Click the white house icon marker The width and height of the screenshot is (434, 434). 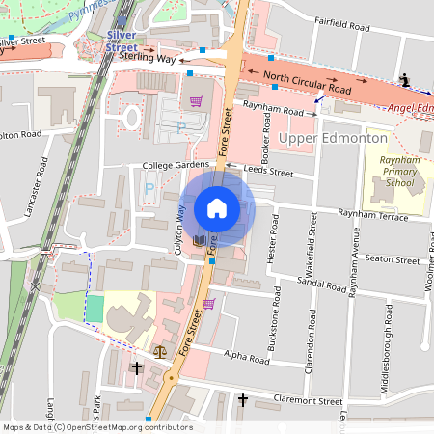(217, 207)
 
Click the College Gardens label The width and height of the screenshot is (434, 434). (175, 165)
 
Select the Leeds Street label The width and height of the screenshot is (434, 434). (268, 171)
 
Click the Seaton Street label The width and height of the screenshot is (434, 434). (392, 259)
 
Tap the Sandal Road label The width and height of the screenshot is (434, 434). (323, 286)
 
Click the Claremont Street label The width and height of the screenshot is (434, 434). (309, 400)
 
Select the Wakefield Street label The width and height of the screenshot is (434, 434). (312, 243)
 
